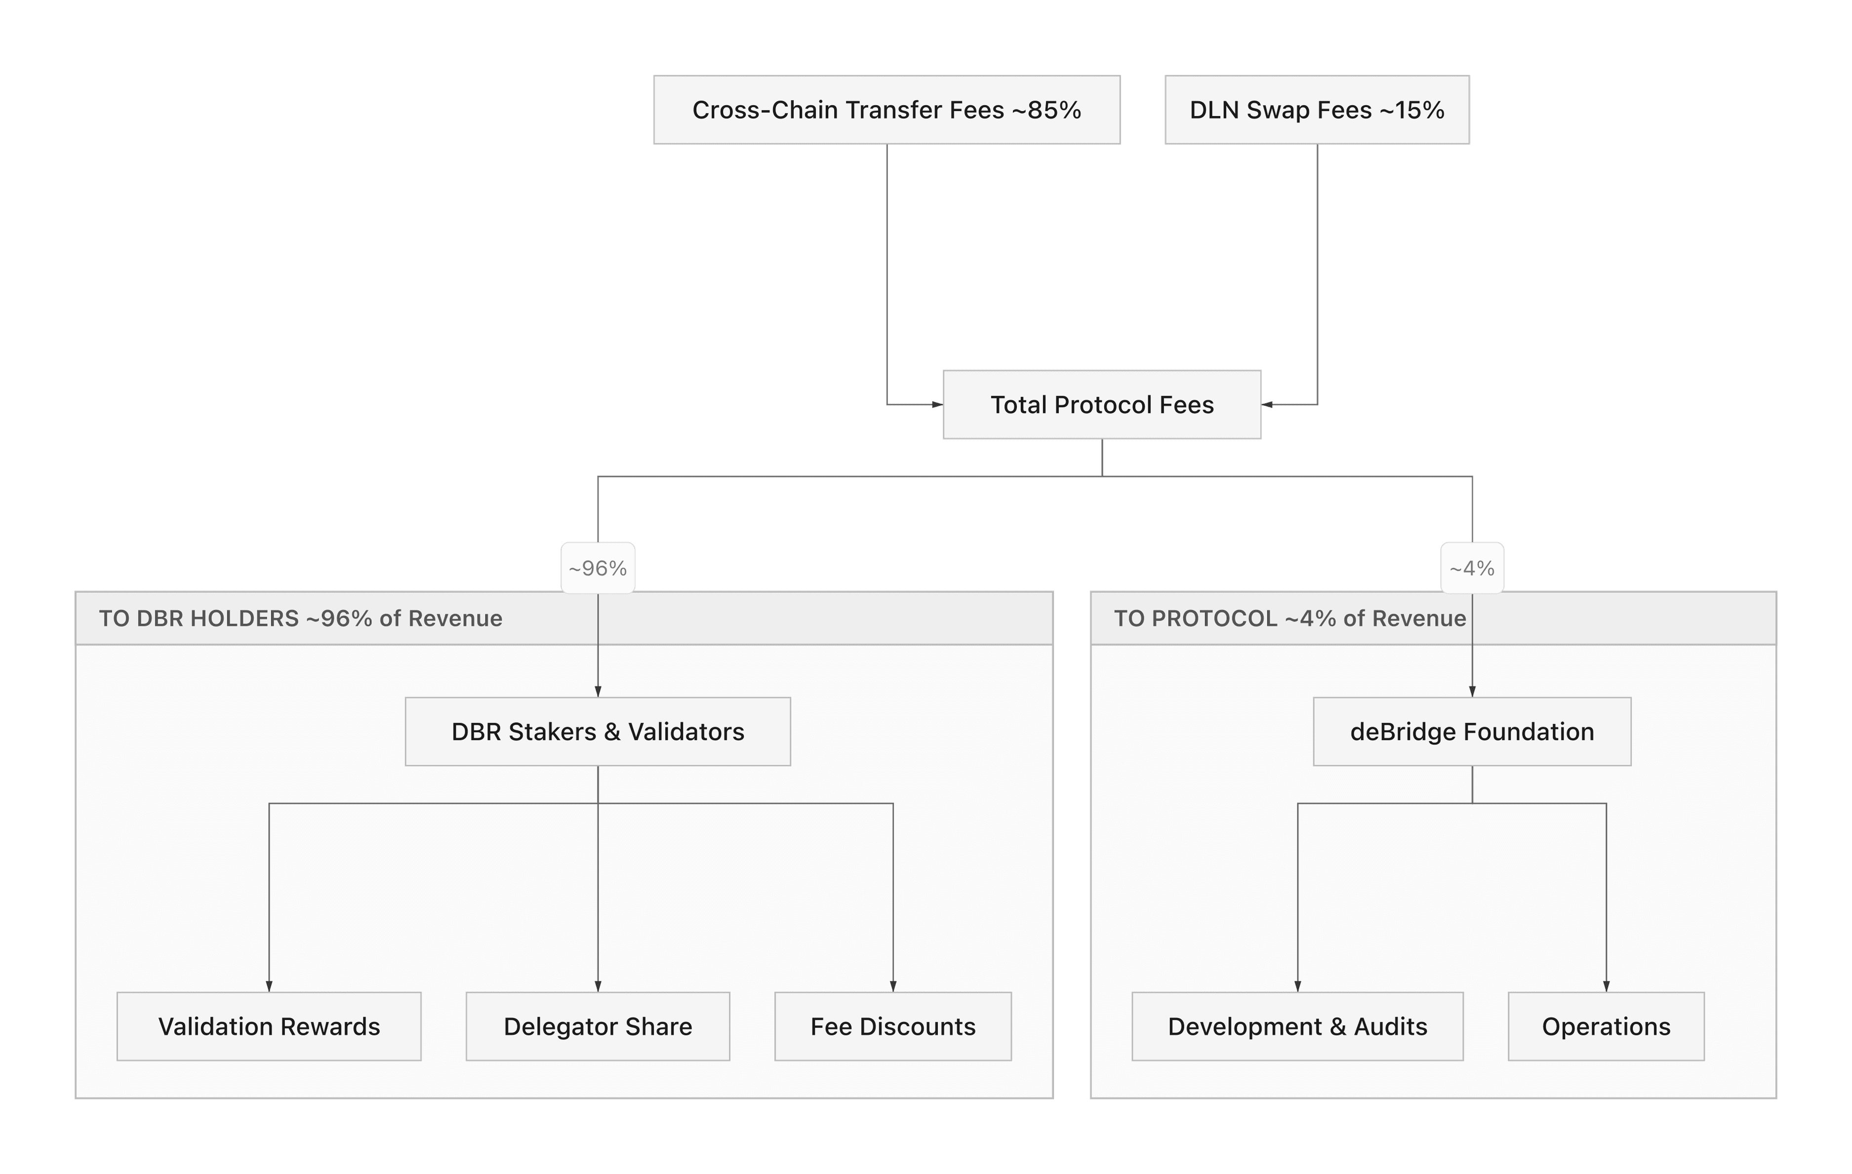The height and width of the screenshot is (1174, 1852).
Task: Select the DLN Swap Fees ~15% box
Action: click(x=1317, y=109)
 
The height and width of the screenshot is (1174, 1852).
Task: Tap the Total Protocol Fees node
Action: click(x=1101, y=404)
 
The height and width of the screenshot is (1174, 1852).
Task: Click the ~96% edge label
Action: click(x=598, y=568)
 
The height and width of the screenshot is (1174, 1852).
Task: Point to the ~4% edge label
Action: click(x=1471, y=568)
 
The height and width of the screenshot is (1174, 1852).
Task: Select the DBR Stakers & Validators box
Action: click(x=598, y=731)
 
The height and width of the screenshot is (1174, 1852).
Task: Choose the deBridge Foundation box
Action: click(x=1471, y=731)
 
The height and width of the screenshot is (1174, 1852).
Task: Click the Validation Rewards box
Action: click(x=269, y=1026)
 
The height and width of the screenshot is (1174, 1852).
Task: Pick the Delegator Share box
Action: click(x=598, y=1026)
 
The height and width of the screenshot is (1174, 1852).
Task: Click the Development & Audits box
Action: click(x=1297, y=1026)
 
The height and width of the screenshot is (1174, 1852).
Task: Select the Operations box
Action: click(x=1606, y=1026)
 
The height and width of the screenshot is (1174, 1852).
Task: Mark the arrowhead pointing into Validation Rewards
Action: click(x=269, y=985)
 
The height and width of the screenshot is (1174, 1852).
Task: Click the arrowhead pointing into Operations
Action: click(x=1606, y=985)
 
